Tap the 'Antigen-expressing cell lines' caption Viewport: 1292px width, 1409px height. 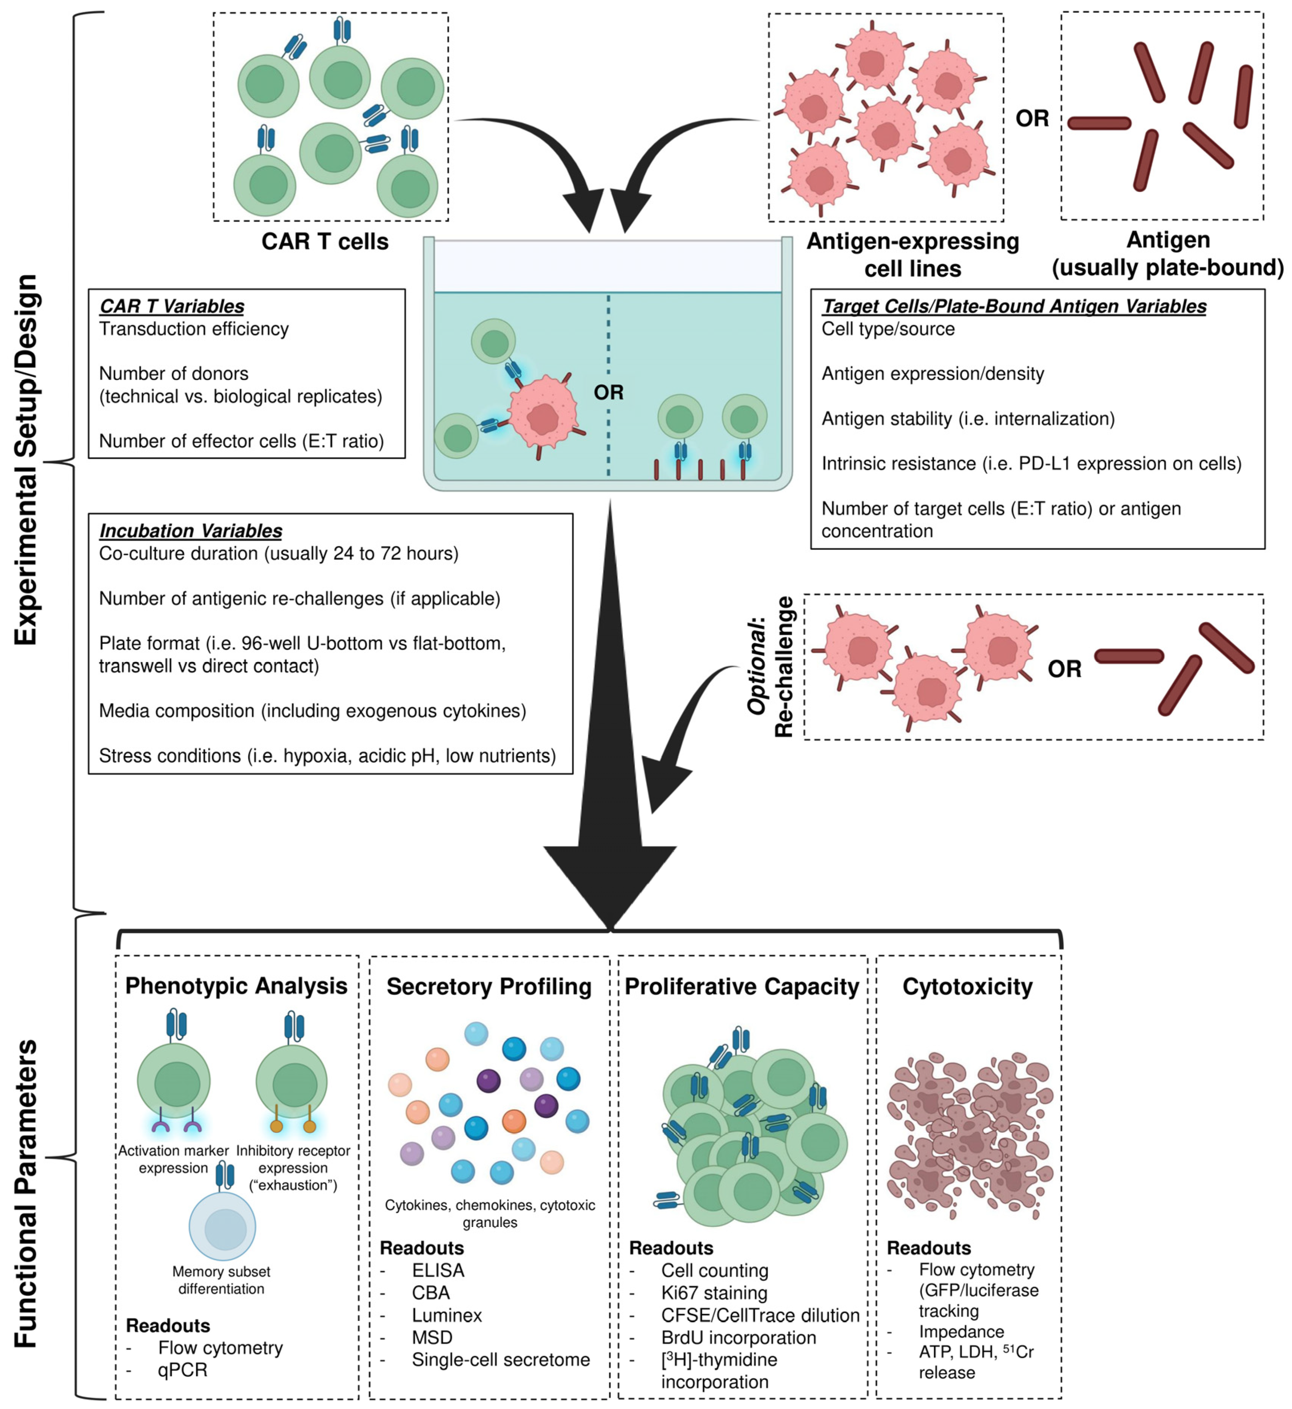(913, 255)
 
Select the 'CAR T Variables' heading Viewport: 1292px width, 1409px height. (172, 306)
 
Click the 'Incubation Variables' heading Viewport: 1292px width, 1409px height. (191, 531)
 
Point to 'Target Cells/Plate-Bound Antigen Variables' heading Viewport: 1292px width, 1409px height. (1014, 306)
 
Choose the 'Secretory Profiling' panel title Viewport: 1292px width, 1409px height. (489, 987)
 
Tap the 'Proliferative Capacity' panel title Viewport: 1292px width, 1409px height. (742, 987)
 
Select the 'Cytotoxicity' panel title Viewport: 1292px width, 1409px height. (968, 987)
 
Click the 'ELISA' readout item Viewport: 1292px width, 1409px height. (438, 1270)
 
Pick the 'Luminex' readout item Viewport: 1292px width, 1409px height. (447, 1315)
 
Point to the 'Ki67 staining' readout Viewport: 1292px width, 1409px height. (714, 1293)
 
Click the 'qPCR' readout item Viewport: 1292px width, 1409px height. (182, 1370)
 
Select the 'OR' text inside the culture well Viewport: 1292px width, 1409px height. (608, 392)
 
